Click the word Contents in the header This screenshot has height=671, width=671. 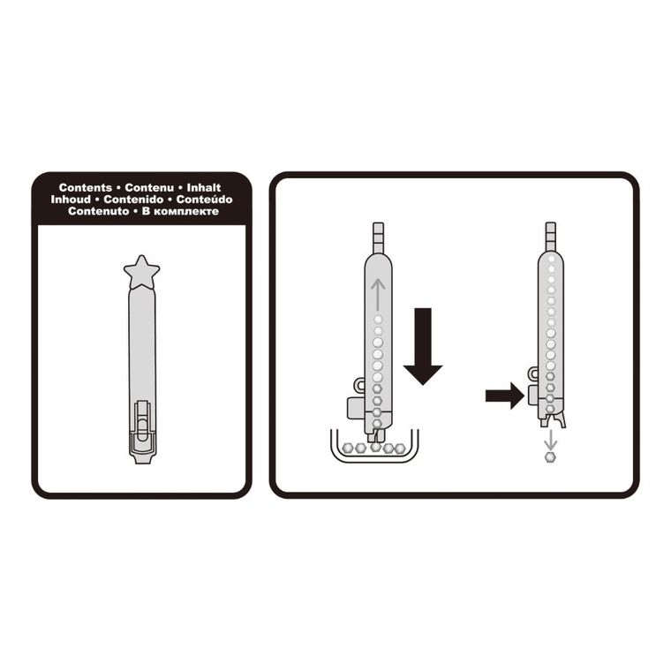click(x=85, y=187)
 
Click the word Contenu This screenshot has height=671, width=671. click(x=149, y=187)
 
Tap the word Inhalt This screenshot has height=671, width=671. click(x=204, y=187)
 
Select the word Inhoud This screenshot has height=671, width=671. click(x=71, y=200)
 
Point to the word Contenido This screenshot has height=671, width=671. click(x=133, y=200)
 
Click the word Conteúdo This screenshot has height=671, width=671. click(x=205, y=200)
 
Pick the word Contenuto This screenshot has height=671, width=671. click(x=98, y=211)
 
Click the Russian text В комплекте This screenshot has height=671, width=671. click(x=180, y=211)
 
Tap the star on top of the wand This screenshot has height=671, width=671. click(x=141, y=272)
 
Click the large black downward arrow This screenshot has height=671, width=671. click(x=423, y=346)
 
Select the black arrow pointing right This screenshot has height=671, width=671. click(x=505, y=396)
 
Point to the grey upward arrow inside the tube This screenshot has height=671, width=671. click(x=378, y=294)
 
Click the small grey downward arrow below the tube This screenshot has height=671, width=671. click(x=551, y=440)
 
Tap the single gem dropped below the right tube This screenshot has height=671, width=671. click(x=551, y=457)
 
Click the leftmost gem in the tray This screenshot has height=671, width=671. click(x=348, y=448)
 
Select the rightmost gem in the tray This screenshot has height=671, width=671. click(x=400, y=448)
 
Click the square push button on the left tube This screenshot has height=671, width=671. click(x=356, y=408)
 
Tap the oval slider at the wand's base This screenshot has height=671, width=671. click(x=142, y=429)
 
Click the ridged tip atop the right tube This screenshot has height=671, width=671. click(x=551, y=237)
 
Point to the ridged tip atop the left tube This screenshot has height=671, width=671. click(x=378, y=237)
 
